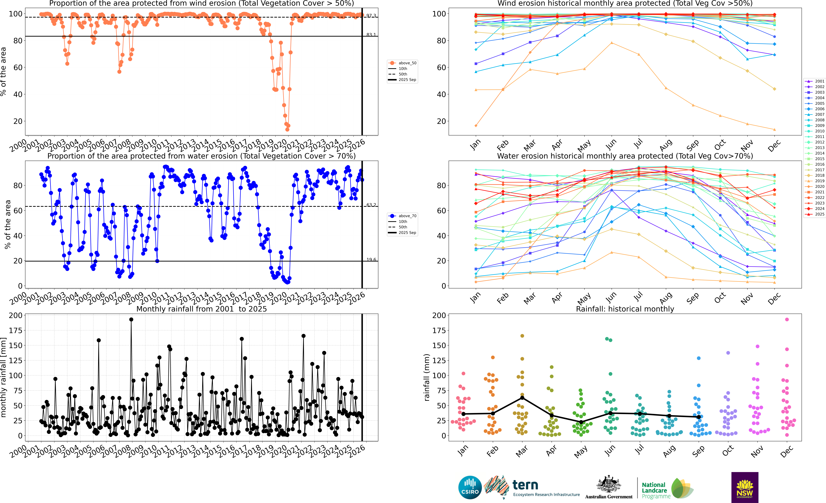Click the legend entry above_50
[407, 63]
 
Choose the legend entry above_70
[407, 216]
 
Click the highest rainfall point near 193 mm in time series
[131, 320]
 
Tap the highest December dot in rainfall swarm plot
[787, 320]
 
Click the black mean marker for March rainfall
[522, 398]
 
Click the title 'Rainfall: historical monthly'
[625, 309]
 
